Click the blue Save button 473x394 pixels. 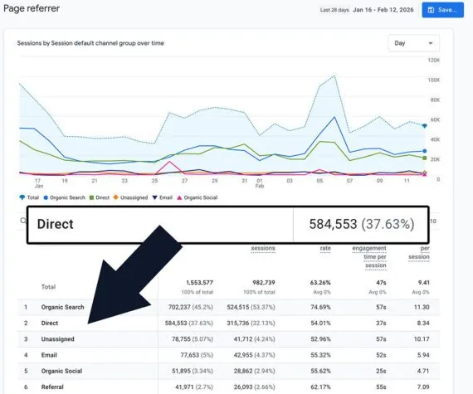[x=442, y=10]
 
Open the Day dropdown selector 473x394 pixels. [x=413, y=43]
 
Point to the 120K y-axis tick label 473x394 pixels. [x=433, y=61]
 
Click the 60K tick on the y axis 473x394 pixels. [x=434, y=119]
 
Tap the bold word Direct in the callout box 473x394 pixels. [x=56, y=224]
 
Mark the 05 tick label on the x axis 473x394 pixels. [x=319, y=180]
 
